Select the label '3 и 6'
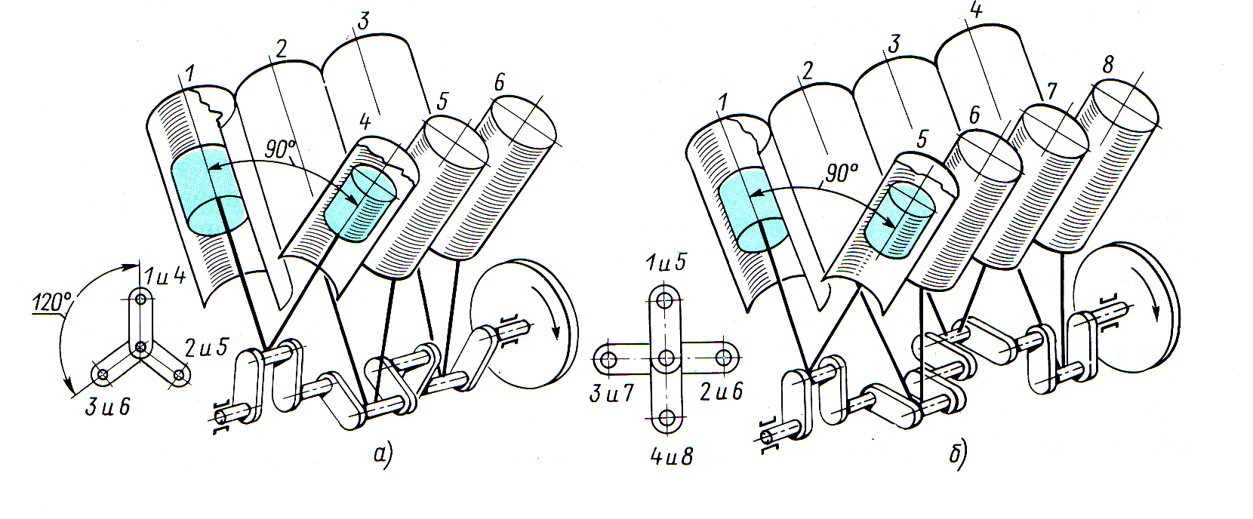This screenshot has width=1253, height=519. click(x=107, y=407)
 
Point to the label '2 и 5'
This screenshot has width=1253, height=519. click(x=206, y=348)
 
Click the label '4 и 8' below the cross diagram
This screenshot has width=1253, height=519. click(x=672, y=456)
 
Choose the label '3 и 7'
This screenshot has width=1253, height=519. click(x=611, y=393)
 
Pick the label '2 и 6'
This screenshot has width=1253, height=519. click(x=722, y=392)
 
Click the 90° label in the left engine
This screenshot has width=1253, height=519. click(x=280, y=149)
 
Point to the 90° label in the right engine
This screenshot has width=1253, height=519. click(x=841, y=174)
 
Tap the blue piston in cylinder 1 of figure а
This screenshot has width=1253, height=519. click(x=207, y=189)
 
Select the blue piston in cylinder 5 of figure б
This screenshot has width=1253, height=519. click(x=900, y=220)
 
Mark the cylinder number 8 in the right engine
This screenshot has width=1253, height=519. click(x=1107, y=66)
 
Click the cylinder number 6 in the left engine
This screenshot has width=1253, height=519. click(x=499, y=83)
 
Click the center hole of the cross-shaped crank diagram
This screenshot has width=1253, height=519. click(x=666, y=358)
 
